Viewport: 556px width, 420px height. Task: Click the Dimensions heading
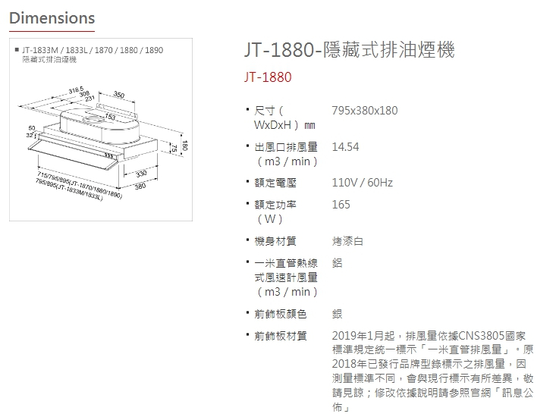[x=52, y=17]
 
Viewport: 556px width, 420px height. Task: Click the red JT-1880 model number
[x=268, y=77]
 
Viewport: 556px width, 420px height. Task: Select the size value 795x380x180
[x=364, y=111]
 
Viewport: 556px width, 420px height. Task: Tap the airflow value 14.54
[x=345, y=147]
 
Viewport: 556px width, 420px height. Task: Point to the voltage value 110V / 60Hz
[x=362, y=183]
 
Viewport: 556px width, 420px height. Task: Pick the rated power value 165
[x=341, y=205]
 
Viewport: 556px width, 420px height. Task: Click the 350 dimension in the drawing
[x=118, y=95]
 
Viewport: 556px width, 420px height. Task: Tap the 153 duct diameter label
[x=110, y=117]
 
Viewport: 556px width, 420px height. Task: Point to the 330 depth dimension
[x=140, y=174]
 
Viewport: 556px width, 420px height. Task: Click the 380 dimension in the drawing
[x=140, y=186]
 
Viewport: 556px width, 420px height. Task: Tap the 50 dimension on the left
[x=31, y=127]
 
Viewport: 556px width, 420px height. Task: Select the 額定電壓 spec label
[x=275, y=183]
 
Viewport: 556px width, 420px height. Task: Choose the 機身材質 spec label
[x=275, y=241]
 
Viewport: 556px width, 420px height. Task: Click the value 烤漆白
[x=347, y=241]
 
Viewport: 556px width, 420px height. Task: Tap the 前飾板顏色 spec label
[x=281, y=314]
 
